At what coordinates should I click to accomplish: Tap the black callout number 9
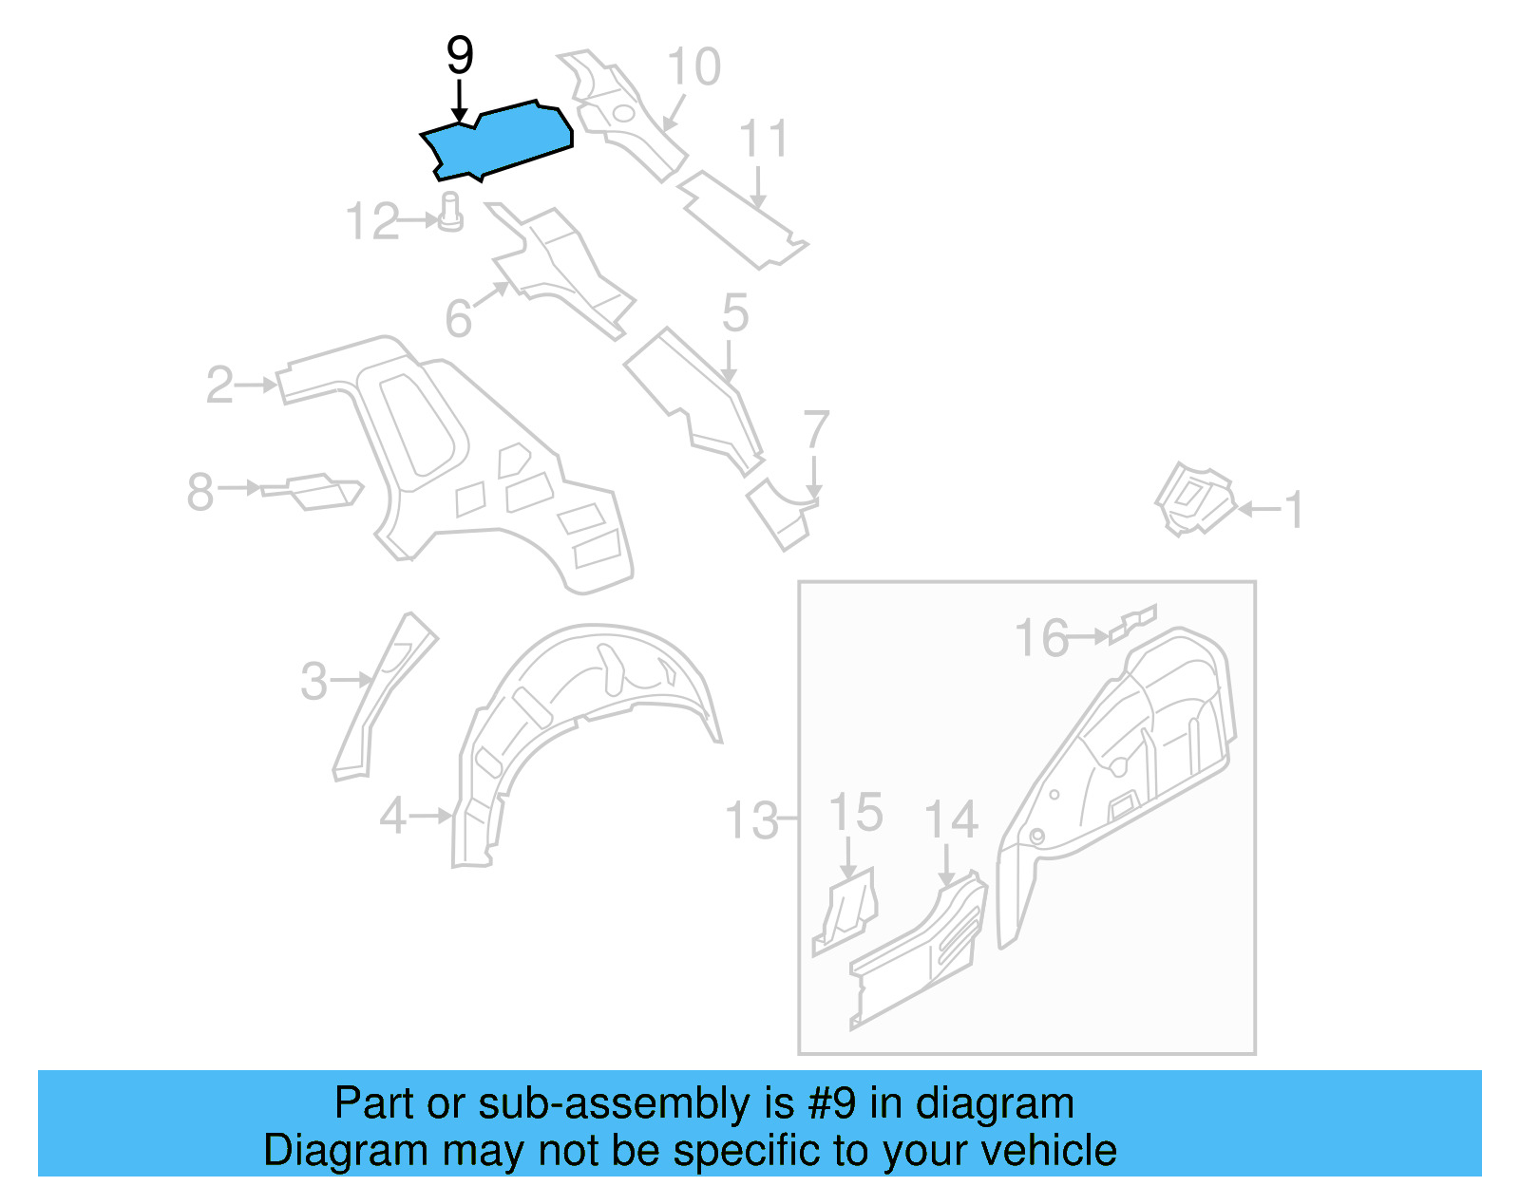click(x=460, y=56)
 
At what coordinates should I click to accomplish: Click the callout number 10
click(x=693, y=67)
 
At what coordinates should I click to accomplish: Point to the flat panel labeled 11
click(x=740, y=219)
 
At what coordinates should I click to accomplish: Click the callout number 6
click(x=458, y=318)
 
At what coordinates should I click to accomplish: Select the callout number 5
click(x=735, y=313)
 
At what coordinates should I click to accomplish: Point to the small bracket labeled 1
click(x=1193, y=498)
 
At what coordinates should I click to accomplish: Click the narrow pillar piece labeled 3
click(x=385, y=693)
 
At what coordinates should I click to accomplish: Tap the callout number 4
click(x=393, y=816)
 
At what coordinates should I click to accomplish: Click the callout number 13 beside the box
click(x=752, y=819)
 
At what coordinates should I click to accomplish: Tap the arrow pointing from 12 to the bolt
click(x=421, y=220)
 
